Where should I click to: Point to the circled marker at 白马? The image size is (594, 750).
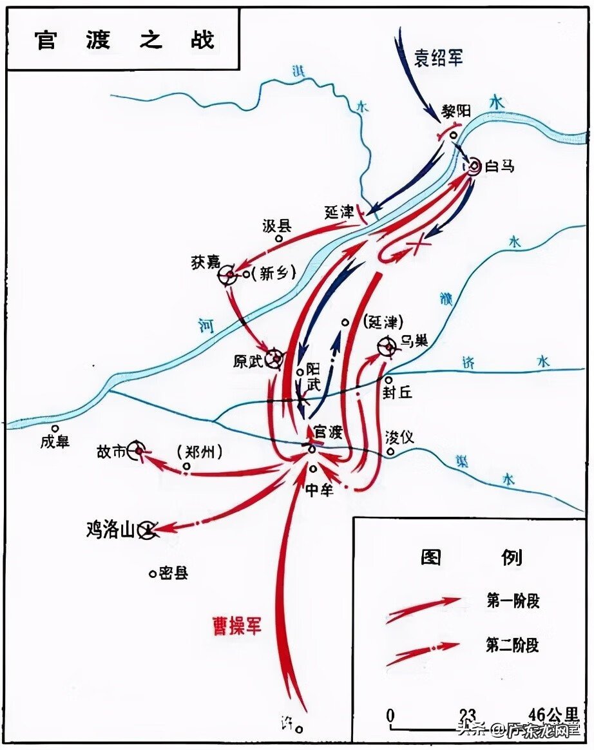pyautogui.click(x=474, y=166)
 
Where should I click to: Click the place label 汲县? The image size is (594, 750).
pyautogui.click(x=277, y=225)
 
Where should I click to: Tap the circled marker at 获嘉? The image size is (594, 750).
pyautogui.click(x=227, y=276)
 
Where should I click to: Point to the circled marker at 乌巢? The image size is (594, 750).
pyautogui.click(x=389, y=347)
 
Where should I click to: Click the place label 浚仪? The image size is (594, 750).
pyautogui.click(x=399, y=438)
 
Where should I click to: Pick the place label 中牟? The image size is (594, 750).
pyautogui.click(x=318, y=490)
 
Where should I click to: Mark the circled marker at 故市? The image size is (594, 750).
pyautogui.click(x=137, y=451)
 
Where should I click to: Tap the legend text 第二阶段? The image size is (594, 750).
pyautogui.click(x=513, y=644)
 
